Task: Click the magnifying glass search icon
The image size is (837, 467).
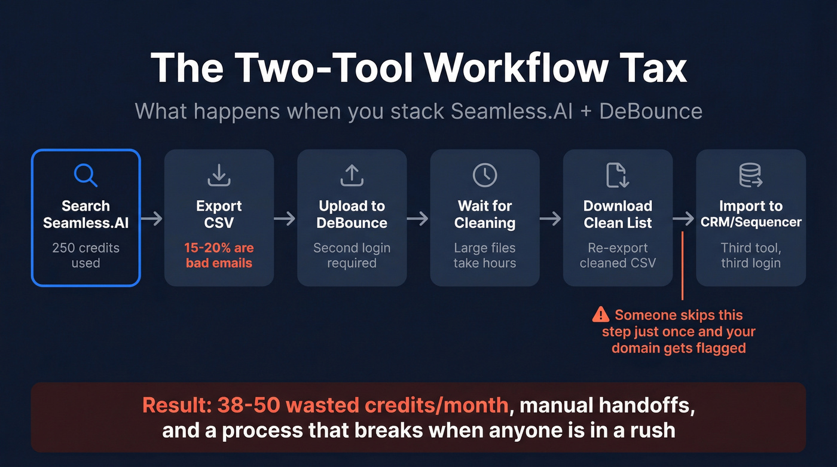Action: point(85,175)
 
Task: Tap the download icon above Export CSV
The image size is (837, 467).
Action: point(219,175)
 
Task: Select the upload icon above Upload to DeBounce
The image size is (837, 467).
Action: point(352,175)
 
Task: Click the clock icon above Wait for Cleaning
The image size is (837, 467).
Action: point(485,175)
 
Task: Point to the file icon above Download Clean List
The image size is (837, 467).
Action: point(618,175)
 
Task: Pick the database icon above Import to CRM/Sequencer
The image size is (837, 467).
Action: point(750,175)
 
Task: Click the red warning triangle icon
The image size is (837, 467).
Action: point(600,315)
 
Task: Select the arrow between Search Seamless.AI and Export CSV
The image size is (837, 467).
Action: point(152,219)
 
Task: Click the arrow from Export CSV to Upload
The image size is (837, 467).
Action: point(285,219)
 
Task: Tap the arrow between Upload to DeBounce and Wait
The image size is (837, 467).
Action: point(418,219)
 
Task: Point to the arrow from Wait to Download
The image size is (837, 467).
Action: point(551,219)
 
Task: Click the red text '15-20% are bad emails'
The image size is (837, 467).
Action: point(219,255)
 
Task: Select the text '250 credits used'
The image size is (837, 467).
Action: point(85,255)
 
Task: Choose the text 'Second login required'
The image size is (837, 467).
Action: point(352,255)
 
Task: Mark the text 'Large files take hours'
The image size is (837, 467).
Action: point(485,255)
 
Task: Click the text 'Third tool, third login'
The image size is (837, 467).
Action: point(750,255)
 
